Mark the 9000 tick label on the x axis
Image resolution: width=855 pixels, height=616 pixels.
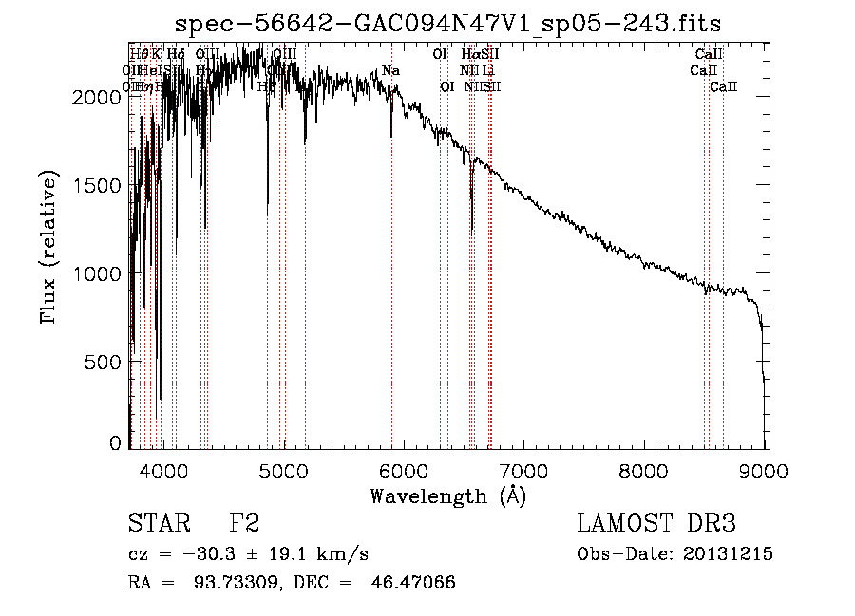[x=766, y=468]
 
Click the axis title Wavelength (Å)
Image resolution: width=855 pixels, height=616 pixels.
[x=447, y=495]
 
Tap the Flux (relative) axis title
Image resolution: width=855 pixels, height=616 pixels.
[x=48, y=247]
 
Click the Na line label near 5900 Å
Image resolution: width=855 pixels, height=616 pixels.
[x=390, y=70]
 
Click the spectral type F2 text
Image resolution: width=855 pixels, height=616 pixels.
[x=244, y=524]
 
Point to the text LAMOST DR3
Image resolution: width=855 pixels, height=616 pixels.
[x=656, y=524]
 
